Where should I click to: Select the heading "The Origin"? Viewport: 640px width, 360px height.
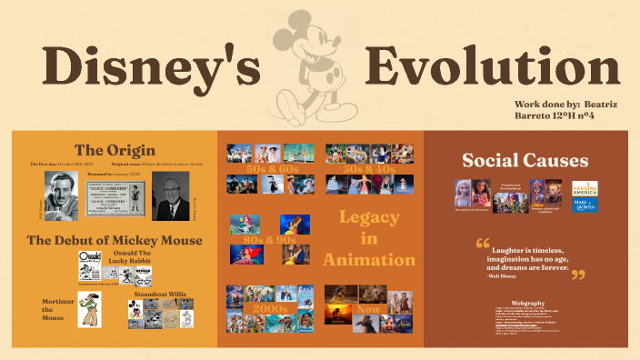(115, 150)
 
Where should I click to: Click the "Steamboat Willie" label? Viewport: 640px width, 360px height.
(161, 294)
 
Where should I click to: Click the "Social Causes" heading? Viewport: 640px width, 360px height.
(525, 161)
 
